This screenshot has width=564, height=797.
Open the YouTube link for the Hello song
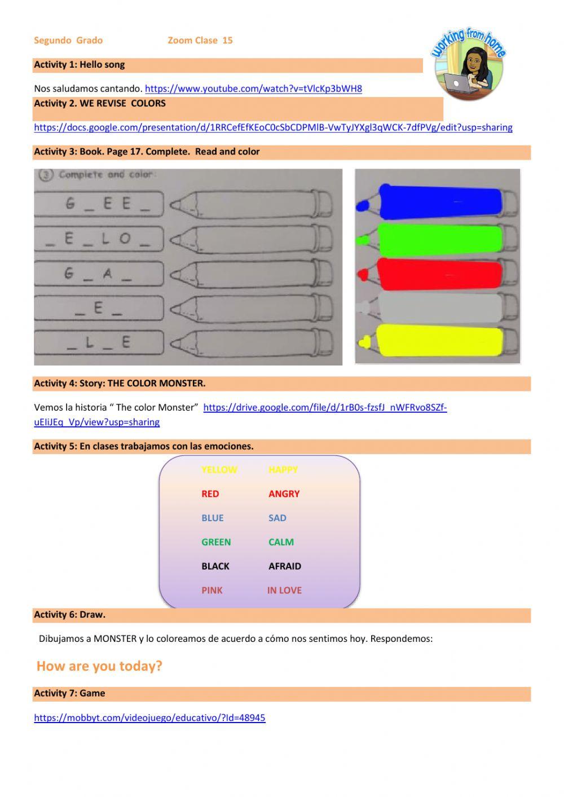[x=253, y=89]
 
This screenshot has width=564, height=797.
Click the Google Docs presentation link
[x=273, y=127]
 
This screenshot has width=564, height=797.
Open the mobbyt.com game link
[x=149, y=718]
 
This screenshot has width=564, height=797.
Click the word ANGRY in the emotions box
[x=284, y=494]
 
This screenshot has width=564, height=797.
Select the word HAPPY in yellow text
[x=283, y=470]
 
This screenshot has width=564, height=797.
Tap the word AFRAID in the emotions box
[x=284, y=566]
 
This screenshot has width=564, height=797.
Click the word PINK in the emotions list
[x=212, y=591]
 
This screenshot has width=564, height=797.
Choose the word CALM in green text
[x=281, y=542]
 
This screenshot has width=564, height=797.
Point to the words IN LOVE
[x=284, y=591]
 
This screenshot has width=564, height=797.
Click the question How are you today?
[x=99, y=666]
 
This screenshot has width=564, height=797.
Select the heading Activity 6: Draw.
[x=70, y=615]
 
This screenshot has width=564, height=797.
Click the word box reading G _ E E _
[x=99, y=204]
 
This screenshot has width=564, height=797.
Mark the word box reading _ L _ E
[x=99, y=342]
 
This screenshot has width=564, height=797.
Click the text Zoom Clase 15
[x=200, y=41]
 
